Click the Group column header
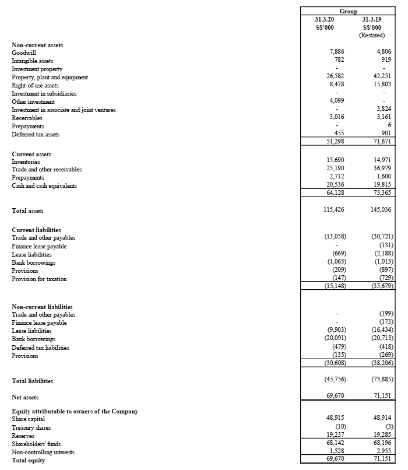pos(348,11)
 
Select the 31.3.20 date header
pos(324,19)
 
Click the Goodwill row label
pos(24,52)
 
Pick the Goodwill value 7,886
pos(336,52)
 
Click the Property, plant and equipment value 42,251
pos(382,77)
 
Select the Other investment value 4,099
pos(336,101)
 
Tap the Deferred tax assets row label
pos(36,135)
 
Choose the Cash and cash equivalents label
pos(44,185)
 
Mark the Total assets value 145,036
pos(380,209)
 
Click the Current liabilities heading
pos(36,230)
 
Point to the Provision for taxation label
pos(39,279)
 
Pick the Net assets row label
pos(25,398)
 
